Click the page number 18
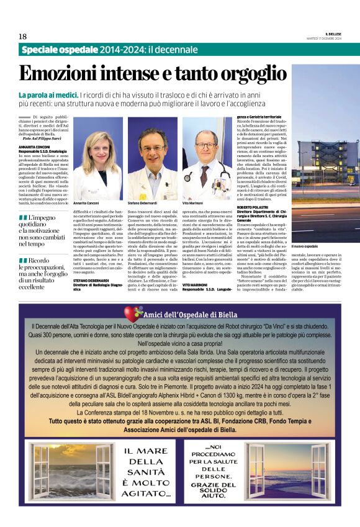tap(22, 37)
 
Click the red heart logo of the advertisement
tap(132, 313)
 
